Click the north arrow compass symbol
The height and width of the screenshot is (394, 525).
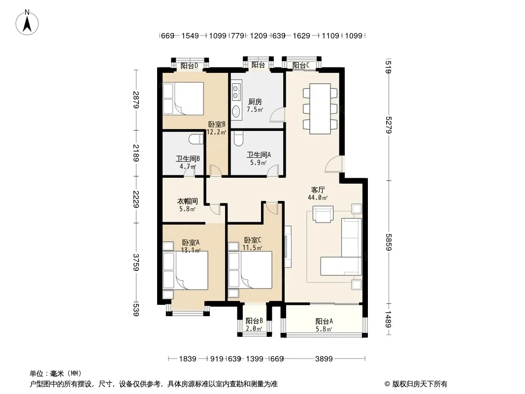pos(27,23)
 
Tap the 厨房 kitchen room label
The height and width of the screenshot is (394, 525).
pos(255,102)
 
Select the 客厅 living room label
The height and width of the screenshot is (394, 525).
pos(318,190)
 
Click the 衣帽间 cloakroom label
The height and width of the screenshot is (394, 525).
pos(187,201)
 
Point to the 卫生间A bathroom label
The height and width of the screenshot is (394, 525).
pos(259,155)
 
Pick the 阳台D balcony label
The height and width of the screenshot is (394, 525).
pos(189,66)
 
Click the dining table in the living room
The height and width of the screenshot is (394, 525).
pos(320,108)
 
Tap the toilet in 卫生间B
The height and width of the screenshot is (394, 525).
pos(196,139)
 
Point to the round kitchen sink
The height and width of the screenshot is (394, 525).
pos(236,110)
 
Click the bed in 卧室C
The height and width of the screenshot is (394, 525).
pos(250,269)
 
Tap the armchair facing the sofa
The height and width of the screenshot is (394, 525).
pos(323,214)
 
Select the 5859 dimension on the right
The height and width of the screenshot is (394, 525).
pos(389,242)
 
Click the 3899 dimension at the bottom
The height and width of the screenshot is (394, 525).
pos(324,359)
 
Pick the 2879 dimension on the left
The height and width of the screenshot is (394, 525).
pos(135,100)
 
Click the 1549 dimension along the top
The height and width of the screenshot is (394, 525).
pos(190,35)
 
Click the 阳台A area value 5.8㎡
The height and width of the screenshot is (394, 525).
pos(324,329)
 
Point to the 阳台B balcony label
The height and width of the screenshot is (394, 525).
pos(254,321)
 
